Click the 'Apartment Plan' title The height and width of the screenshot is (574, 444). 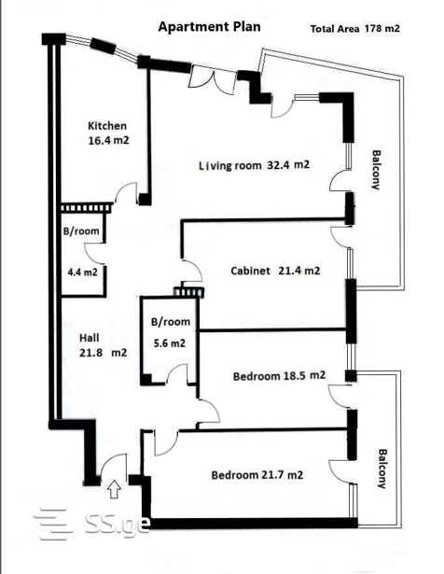[209, 27]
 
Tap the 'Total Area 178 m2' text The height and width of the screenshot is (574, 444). [354, 29]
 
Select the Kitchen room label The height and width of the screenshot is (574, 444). [107, 126]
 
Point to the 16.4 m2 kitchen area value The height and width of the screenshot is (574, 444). [108, 140]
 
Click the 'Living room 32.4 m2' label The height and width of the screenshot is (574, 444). [255, 165]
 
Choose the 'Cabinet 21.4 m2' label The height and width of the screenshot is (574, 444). [275, 271]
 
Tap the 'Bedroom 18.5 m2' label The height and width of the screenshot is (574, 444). [279, 376]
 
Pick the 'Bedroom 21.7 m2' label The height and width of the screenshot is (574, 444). [257, 475]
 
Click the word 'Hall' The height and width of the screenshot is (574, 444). [90, 338]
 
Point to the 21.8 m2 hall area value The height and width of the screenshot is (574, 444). [104, 353]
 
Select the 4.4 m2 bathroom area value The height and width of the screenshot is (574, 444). [83, 273]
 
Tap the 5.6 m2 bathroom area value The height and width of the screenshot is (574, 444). [170, 343]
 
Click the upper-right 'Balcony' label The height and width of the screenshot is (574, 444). [376, 170]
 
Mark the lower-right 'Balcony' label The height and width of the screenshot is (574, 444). [382, 469]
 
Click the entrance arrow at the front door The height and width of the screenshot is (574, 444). [115, 489]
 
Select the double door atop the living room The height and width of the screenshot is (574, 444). [212, 80]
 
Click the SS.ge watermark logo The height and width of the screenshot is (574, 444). [91, 524]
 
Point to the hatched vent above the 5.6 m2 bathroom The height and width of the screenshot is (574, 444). [188, 292]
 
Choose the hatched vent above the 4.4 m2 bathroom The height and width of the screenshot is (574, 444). [87, 208]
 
